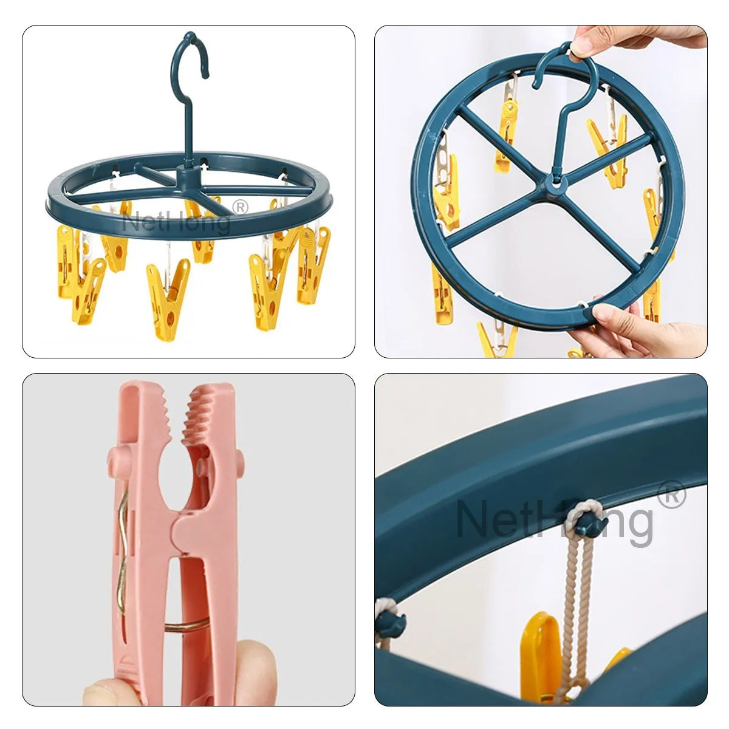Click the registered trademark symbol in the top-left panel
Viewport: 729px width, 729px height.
coord(241,207)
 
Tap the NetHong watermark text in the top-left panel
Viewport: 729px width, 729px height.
coord(176,222)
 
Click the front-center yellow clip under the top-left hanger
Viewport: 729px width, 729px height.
coord(167,292)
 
